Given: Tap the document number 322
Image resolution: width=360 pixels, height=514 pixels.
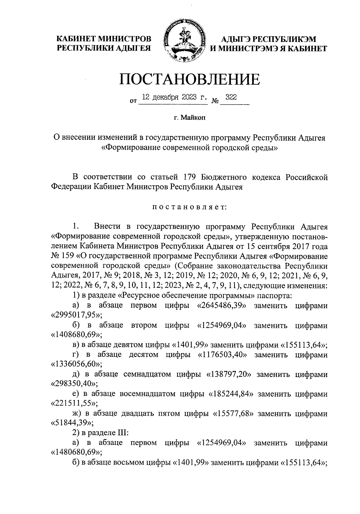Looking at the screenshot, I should pos(231,97).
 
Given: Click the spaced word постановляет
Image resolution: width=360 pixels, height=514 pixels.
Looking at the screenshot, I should pos(189,207).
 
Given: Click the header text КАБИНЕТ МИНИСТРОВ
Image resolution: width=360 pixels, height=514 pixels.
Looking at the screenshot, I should pos(104,39).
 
